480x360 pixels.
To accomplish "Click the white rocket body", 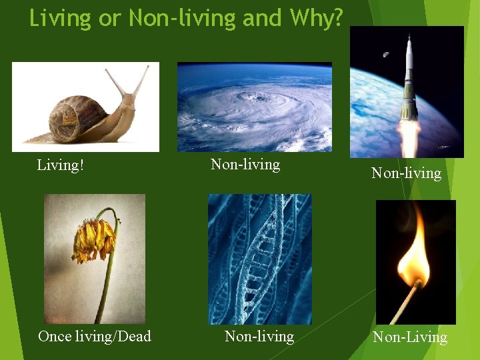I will point(408,80).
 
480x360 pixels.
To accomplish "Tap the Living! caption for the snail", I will point(61,165).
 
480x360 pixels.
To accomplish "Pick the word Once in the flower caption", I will point(55,336).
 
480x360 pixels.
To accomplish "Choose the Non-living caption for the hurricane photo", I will point(245,164).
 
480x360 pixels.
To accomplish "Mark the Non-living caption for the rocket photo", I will point(406,173).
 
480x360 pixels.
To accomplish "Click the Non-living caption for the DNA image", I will point(259,336).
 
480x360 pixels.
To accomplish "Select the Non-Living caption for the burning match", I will point(410,337).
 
